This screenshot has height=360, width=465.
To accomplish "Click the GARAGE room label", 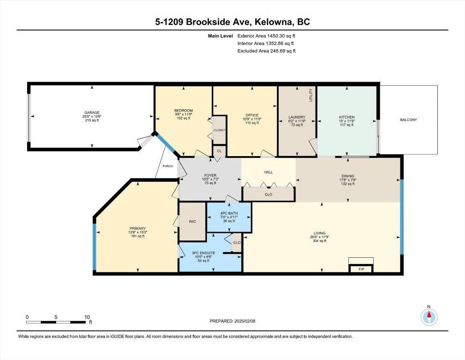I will tap(92, 112).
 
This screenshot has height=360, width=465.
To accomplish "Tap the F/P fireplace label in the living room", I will tap(361, 270).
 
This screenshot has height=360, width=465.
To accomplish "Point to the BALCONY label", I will tap(408, 120).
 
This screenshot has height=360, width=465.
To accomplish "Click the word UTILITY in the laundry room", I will tap(310, 95).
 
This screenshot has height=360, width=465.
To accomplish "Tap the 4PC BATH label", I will tap(229, 214).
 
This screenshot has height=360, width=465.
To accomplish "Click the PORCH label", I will tap(168, 166).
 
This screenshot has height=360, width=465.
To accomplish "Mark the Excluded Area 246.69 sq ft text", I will tap(266, 51).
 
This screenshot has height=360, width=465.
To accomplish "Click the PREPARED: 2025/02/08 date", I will tap(233, 321).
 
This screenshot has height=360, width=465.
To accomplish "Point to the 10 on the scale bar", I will tap(86, 317).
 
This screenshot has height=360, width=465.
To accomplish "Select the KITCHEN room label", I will tap(347, 117).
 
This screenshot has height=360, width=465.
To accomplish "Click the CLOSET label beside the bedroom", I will tap(219, 130).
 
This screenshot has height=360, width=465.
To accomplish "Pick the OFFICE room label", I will tap(252, 115).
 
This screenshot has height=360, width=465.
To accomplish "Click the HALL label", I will tap(268, 172).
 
